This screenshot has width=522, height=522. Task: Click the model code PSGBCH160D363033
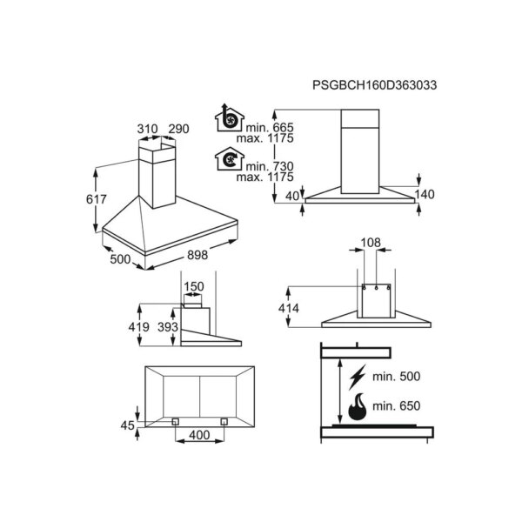coord(374,85)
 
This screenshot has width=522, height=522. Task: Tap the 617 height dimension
coord(97,199)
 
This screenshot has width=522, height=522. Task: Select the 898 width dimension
coord(197,255)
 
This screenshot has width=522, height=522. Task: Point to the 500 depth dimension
coord(120,259)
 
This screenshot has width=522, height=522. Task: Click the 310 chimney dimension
coord(148,129)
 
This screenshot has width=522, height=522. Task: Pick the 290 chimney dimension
coord(178,129)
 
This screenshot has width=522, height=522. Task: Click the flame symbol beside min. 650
coord(358,406)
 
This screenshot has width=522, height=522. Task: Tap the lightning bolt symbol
coord(358,378)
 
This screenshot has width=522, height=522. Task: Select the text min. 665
coord(270,127)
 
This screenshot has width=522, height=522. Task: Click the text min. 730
coord(270,166)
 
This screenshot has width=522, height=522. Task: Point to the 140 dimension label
coord(425,194)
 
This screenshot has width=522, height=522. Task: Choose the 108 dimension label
coord(371,243)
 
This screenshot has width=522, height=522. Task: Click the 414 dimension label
coord(289,308)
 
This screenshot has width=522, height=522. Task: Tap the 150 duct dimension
coord(194,286)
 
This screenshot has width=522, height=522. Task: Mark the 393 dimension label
coord(168,327)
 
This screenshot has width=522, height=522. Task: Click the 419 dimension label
coord(139,327)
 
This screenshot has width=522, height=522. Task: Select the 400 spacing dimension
coord(199,435)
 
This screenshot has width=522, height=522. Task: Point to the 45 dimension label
coord(128,425)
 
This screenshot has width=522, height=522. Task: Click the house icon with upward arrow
coord(230,117)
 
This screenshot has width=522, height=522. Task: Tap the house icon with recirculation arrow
coord(230,159)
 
